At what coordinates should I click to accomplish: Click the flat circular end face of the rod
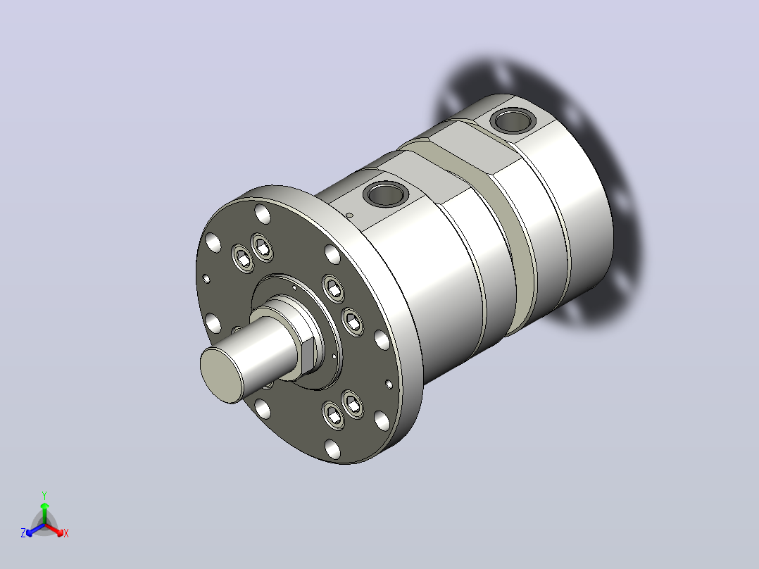[221, 375]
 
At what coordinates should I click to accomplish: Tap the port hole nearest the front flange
[385, 194]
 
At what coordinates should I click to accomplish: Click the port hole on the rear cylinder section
[513, 120]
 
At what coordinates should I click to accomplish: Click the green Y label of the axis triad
[44, 495]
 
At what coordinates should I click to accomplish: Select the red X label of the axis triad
[66, 533]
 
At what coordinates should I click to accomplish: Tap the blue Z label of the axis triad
[23, 533]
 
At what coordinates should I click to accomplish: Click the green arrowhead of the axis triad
[44, 505]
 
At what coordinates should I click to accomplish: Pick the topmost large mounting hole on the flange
[263, 213]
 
